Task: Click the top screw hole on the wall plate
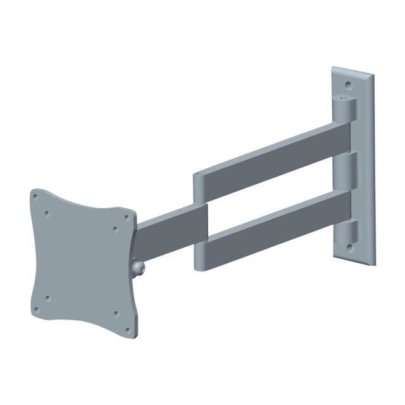[x=348, y=83]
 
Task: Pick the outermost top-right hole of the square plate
[x=127, y=217]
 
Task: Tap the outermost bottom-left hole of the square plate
[x=36, y=309]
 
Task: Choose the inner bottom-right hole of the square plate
[x=116, y=313]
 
